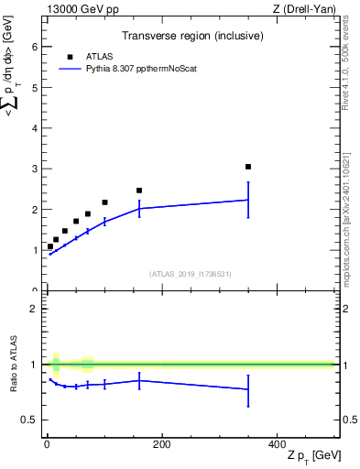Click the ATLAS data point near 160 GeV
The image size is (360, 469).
[139, 191]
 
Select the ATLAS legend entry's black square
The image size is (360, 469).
[70, 56]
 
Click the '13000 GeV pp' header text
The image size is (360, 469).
[82, 8]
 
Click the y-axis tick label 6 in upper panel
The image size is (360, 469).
[34, 47]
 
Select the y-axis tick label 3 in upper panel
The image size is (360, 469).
[34, 169]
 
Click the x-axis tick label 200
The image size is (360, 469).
[161, 444]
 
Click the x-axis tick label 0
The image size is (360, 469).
[47, 444]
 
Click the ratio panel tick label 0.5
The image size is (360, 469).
[30, 420]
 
